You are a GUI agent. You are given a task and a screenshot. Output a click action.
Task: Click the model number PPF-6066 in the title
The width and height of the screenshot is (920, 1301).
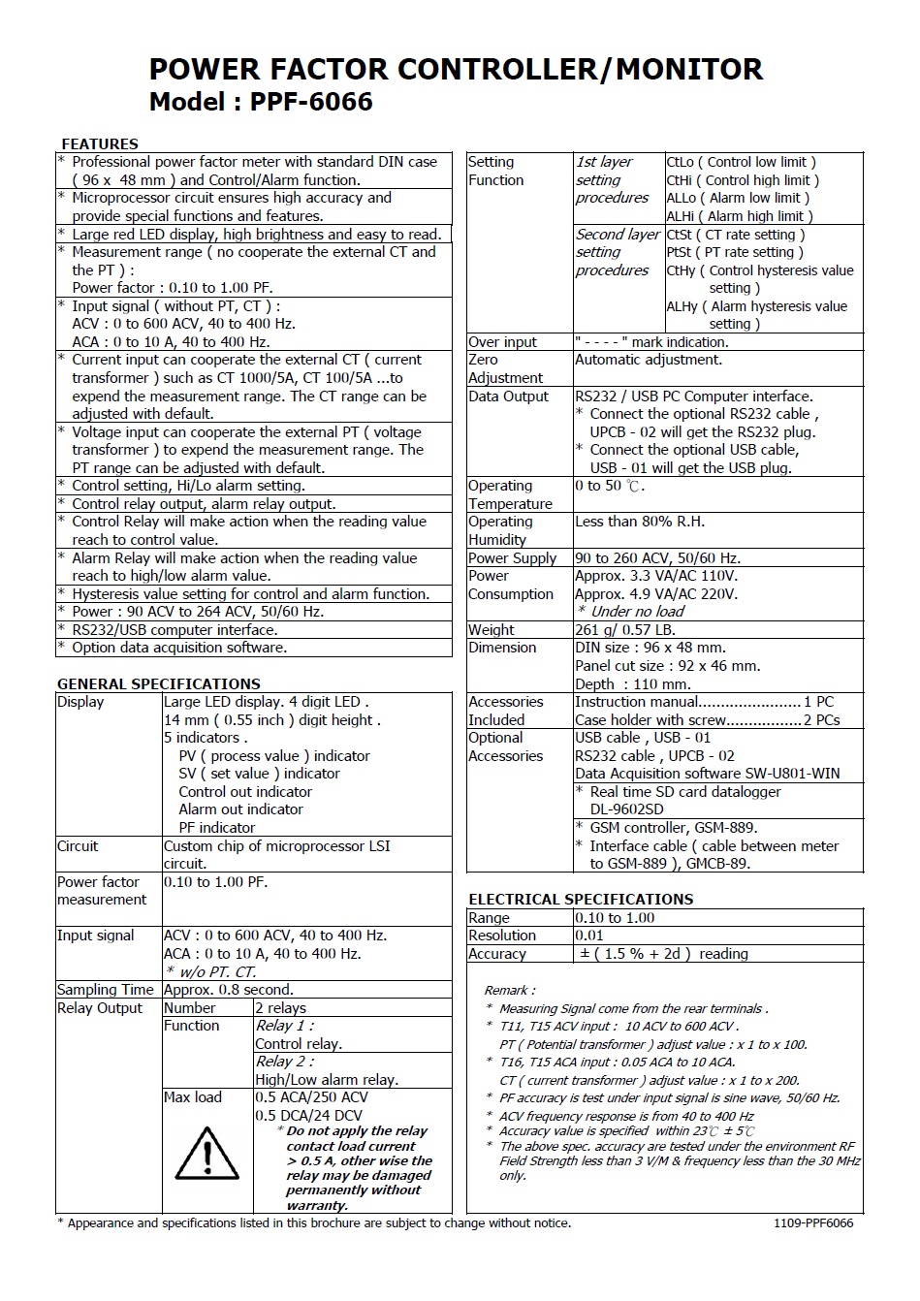310,102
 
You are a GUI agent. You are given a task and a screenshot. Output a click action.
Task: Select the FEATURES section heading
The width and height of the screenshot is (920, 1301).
99,143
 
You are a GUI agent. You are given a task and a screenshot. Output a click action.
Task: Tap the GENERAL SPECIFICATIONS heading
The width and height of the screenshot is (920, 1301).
158,683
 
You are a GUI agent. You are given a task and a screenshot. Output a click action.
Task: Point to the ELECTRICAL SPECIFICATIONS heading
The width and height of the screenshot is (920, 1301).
581,899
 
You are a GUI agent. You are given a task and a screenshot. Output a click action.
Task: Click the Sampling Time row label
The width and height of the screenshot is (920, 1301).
105,990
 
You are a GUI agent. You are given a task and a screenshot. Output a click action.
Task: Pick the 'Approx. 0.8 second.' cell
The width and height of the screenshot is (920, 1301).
228,990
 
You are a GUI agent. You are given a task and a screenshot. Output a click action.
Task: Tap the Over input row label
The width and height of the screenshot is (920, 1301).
502,342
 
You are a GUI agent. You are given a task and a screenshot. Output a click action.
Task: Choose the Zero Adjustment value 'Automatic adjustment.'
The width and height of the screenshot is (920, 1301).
648,360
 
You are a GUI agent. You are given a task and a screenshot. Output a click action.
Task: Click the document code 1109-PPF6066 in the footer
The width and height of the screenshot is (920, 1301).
813,1222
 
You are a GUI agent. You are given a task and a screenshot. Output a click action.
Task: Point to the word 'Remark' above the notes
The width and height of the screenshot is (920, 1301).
507,990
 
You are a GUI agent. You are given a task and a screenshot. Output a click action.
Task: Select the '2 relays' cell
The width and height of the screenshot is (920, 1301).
280,1008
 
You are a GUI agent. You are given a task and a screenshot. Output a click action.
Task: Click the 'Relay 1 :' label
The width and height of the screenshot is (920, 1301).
284,1026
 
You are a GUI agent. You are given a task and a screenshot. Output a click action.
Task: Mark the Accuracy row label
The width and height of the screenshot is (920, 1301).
496,954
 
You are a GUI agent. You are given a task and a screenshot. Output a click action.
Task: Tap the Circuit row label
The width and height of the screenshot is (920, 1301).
78,846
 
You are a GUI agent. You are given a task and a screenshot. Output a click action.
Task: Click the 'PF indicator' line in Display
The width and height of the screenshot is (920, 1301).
216,828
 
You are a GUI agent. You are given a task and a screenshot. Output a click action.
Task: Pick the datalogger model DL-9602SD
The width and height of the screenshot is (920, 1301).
626,809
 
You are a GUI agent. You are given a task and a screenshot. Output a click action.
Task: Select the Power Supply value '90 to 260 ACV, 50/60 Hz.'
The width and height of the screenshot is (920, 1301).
657,558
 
